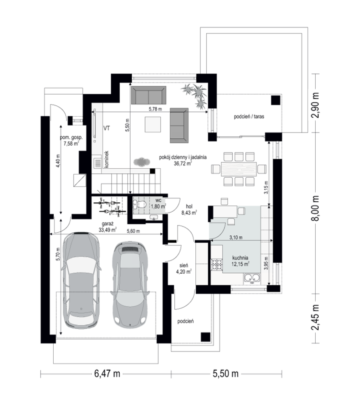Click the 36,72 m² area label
pos(183,163)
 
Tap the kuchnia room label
pos(240,258)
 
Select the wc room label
pos(158,200)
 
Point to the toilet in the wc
pos(139,205)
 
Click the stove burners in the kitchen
pos(217,265)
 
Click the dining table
pos(239,169)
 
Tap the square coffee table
pos(153,125)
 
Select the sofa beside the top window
pos(149,95)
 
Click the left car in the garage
pos(81,281)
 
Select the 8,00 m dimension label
pos(316,208)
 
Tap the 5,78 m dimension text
pos(155,109)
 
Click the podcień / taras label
pos(249,116)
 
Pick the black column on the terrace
pos(275,100)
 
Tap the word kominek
pos(107,159)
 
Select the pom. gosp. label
pos(71,138)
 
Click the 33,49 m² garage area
pos(108,230)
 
